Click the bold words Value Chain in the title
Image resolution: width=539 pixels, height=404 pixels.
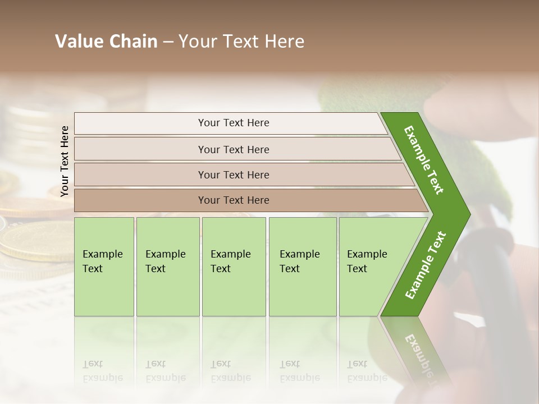pos(106,42)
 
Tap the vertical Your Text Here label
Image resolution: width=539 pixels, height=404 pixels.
pos(65,161)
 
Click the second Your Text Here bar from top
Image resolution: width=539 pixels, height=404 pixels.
pos(234,149)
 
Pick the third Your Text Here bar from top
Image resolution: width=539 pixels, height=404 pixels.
pos(234,175)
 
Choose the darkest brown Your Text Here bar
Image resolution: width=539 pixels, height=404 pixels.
pos(234,200)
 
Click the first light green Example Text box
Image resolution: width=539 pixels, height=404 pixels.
pos(104,266)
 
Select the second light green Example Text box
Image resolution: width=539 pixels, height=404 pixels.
pos(167,266)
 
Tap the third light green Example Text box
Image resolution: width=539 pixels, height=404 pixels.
pos(234,266)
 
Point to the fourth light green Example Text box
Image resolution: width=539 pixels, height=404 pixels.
pos(303,266)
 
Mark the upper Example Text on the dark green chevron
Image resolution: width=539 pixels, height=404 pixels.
pos(424,160)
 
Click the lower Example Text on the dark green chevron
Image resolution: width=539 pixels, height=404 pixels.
pos(426,265)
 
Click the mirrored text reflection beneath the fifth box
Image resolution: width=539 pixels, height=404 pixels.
pos(367,370)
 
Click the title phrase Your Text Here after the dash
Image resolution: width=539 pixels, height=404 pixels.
pos(241,42)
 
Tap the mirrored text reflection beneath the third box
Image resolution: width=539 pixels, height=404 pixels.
pos(230,370)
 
